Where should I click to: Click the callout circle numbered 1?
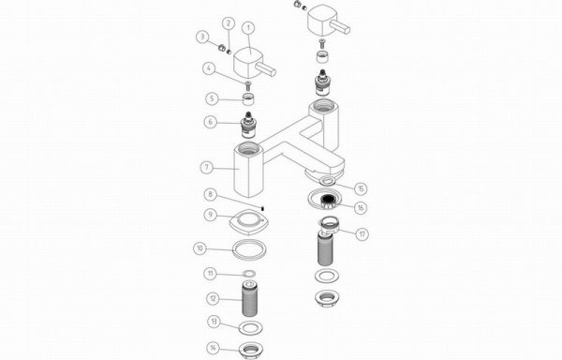(x=248, y=27)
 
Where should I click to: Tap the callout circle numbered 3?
(x=202, y=37)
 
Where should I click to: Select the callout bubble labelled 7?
(x=206, y=167)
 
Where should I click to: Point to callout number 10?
(x=200, y=248)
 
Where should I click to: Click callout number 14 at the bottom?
(x=213, y=348)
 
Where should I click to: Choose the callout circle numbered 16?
(x=361, y=207)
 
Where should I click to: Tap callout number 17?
(x=362, y=234)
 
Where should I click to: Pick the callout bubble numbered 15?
(x=361, y=188)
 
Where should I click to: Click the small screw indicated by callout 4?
(x=247, y=84)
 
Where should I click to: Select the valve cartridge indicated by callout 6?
(x=247, y=125)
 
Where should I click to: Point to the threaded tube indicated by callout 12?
(x=249, y=299)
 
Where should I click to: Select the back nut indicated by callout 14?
(x=251, y=348)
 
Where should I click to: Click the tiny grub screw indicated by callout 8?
(x=262, y=208)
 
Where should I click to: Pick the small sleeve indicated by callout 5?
(x=247, y=98)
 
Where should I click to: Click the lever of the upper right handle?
(x=339, y=27)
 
